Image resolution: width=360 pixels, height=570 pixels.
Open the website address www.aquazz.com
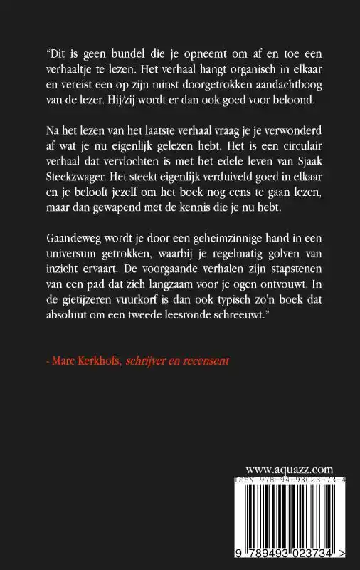[x=290, y=468]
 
